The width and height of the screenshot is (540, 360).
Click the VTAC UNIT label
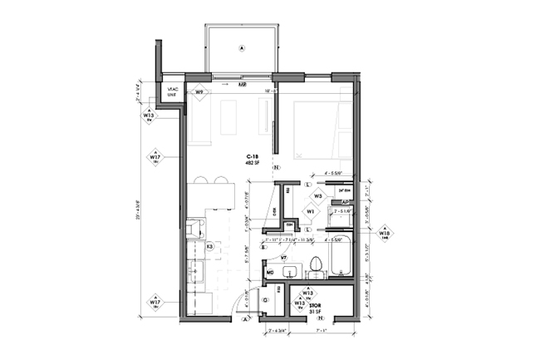(173, 93)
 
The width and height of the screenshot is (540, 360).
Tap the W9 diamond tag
(199, 92)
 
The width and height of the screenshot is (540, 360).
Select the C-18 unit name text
(252, 156)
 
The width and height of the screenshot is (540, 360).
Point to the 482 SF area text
(252, 164)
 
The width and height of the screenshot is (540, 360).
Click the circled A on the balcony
(242, 49)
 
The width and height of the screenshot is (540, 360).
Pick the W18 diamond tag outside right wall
(385, 234)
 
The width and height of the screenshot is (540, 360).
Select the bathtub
(340, 257)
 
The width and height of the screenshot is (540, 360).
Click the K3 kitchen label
(210, 247)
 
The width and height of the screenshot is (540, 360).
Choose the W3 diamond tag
(318, 196)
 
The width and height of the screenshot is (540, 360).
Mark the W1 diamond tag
(310, 211)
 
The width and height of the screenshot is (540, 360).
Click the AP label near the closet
(345, 203)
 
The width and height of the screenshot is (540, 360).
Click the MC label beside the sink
(270, 272)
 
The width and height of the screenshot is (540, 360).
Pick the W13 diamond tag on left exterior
(150, 116)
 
